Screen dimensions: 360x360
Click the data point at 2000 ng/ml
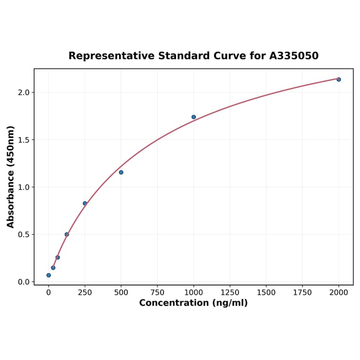point(338,79)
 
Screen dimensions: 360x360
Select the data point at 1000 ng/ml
point(194,117)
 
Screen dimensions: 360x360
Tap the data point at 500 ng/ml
point(121,172)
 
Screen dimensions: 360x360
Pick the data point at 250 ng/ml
point(85,204)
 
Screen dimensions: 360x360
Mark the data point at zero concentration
point(49,275)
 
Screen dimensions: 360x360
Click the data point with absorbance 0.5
point(66,234)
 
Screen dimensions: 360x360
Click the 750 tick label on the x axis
point(157,293)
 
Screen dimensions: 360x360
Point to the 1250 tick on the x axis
point(230,293)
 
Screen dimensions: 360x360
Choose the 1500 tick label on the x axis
point(266,293)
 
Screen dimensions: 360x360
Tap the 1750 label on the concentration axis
point(303,293)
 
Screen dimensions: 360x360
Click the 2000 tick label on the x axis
point(339,293)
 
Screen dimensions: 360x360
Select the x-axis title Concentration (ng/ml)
point(193,303)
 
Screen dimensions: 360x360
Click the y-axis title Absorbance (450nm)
point(11,177)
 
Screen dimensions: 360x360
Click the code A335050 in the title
point(294,56)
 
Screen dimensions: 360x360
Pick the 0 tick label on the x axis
point(49,293)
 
